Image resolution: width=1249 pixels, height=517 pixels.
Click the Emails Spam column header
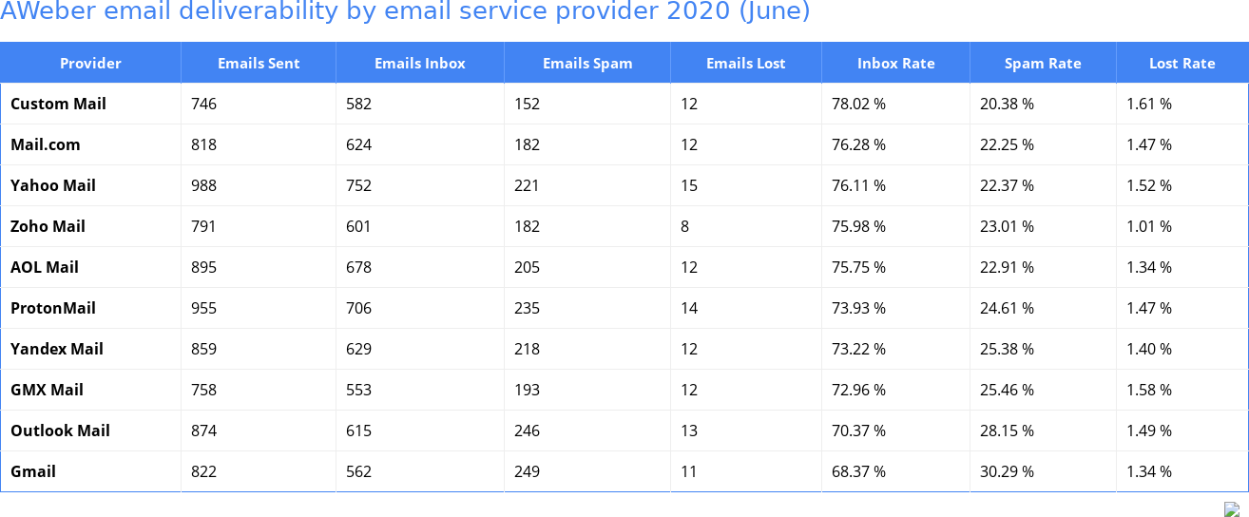click(587, 64)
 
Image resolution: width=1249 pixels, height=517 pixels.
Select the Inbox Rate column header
click(895, 64)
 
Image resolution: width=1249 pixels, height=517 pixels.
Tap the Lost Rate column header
click(1182, 64)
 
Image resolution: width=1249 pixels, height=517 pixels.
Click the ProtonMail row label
click(53, 308)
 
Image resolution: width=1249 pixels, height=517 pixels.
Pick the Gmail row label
click(33, 471)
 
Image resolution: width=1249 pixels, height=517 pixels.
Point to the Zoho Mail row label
click(48, 226)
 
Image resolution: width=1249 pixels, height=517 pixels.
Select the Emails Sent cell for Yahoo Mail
click(204, 185)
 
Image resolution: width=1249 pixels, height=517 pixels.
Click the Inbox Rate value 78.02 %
click(858, 104)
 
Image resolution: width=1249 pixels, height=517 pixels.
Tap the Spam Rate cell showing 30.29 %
click(1007, 471)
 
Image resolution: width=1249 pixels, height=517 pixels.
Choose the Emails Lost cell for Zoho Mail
click(685, 226)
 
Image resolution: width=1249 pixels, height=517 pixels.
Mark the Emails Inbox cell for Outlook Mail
click(359, 431)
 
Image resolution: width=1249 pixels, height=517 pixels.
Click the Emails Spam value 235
click(527, 308)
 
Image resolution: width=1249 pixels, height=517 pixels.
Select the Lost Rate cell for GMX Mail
click(1149, 390)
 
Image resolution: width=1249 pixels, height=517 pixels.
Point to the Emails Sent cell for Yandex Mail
click(204, 349)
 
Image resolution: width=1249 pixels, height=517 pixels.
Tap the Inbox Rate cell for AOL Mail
click(858, 267)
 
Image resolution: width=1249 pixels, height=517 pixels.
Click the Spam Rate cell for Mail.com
click(1007, 144)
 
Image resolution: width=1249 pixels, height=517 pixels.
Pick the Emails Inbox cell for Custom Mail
click(359, 104)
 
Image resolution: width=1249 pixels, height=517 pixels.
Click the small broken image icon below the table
click(1232, 509)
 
